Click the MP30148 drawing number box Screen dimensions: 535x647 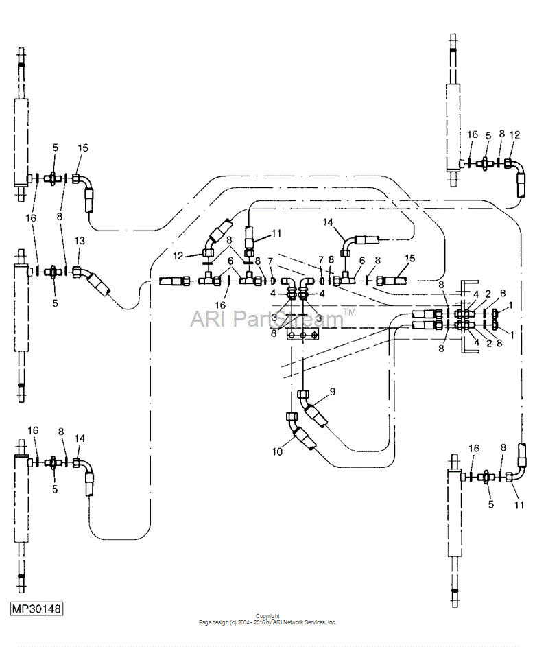(37, 608)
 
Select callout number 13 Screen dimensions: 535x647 (80, 241)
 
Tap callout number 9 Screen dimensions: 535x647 (333, 392)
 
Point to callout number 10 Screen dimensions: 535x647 (277, 452)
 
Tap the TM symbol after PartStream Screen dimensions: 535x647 (350, 312)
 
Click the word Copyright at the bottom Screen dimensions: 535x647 (267, 616)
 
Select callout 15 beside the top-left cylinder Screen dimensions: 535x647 (83, 148)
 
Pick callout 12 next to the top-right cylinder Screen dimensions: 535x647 (515, 134)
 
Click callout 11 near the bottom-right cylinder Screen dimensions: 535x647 (519, 505)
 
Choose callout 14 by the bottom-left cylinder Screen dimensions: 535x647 (80, 438)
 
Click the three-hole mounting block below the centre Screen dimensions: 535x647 (302, 335)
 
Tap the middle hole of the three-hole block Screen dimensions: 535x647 (302, 335)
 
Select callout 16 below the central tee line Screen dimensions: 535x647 (221, 305)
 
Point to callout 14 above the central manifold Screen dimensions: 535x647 (328, 222)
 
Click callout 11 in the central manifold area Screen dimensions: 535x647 (276, 233)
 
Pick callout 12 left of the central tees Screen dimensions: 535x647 (178, 256)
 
